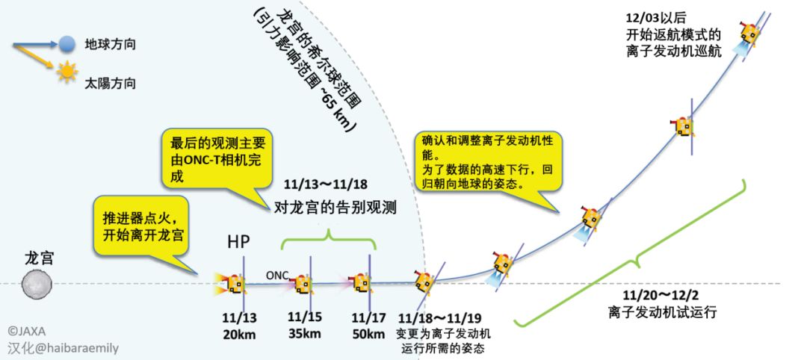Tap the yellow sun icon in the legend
68,72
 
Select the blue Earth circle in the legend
68,44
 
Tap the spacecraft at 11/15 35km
302,283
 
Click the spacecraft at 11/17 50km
362,283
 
